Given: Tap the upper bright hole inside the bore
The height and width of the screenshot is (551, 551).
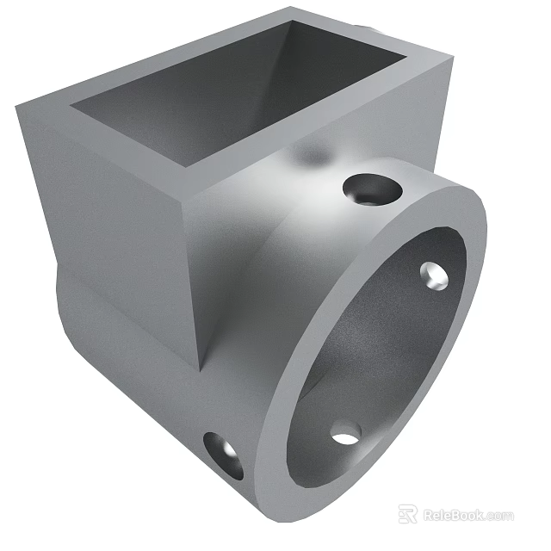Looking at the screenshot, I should tap(434, 274).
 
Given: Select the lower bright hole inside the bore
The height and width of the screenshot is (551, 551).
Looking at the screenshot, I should tap(345, 433).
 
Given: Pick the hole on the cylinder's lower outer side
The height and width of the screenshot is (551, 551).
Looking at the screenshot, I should tap(224, 455).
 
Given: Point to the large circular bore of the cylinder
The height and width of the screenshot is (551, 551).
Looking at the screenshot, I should tap(379, 362).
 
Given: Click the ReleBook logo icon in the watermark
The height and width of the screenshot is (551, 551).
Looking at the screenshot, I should tap(408, 515).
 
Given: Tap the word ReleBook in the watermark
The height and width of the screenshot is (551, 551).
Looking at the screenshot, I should tap(454, 516).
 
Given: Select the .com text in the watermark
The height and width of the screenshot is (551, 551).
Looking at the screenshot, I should tap(499, 516).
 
